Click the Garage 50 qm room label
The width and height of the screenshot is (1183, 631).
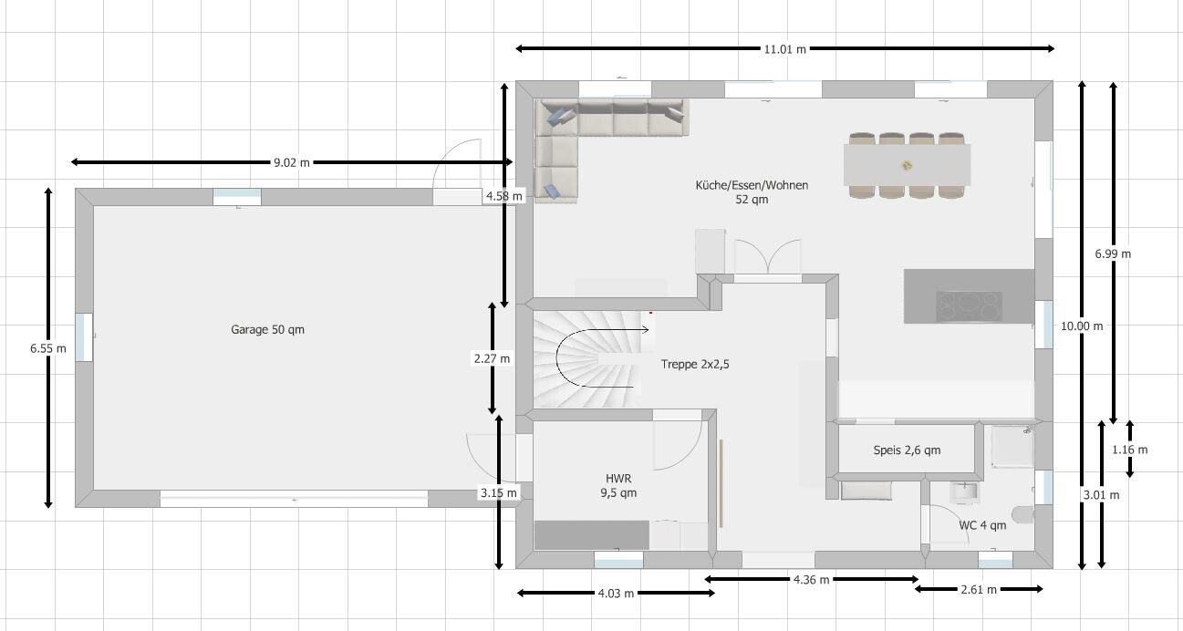click(x=267, y=329)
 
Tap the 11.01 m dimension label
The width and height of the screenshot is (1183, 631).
click(x=784, y=48)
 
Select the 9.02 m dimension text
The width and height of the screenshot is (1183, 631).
click(x=291, y=162)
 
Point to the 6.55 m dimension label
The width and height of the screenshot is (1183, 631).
click(x=47, y=347)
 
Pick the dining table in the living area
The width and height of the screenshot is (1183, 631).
click(x=907, y=165)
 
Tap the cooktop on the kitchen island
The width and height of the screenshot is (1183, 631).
click(x=969, y=305)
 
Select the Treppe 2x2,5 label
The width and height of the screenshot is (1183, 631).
click(x=695, y=364)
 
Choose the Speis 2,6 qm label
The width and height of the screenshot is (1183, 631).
click(x=907, y=450)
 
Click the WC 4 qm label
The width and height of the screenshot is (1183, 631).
click(x=982, y=525)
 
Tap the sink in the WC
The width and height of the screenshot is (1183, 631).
click(x=963, y=492)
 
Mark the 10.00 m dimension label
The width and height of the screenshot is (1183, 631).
click(x=1081, y=326)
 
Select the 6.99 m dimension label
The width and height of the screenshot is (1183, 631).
click(x=1112, y=253)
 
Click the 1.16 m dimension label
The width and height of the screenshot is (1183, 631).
click(x=1129, y=450)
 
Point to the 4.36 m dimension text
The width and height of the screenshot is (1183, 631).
click(x=811, y=579)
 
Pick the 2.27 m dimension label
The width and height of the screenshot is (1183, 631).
click(x=492, y=358)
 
